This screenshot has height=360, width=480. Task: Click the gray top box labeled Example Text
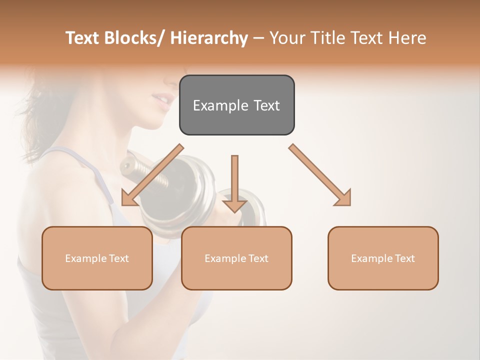click(x=236, y=105)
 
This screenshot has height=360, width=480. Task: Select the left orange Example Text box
click(x=97, y=258)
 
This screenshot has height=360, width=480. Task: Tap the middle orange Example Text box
click(x=236, y=258)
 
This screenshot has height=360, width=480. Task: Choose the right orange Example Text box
click(x=383, y=258)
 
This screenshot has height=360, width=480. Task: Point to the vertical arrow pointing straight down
click(x=234, y=183)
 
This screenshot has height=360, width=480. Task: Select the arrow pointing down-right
click(x=320, y=175)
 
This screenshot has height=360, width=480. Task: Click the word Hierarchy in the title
click(x=209, y=38)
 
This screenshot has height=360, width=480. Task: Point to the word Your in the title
click(x=287, y=38)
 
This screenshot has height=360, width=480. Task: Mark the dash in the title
click(x=258, y=38)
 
